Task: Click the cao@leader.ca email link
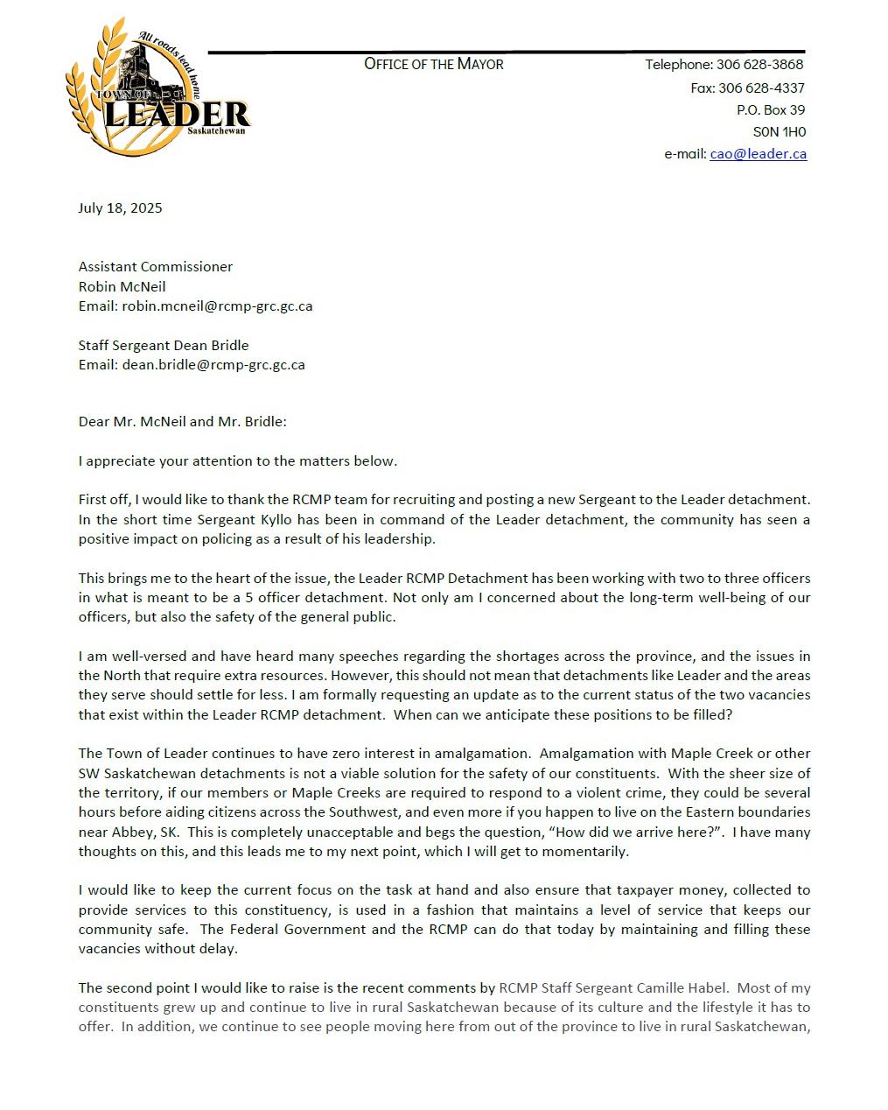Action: (758, 154)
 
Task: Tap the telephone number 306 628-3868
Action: (759, 65)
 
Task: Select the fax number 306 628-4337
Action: (761, 88)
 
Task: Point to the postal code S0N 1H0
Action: (779, 132)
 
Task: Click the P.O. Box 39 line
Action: (770, 110)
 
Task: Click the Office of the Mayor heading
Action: (433, 64)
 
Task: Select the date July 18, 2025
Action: (120, 208)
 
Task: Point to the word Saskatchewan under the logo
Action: (216, 131)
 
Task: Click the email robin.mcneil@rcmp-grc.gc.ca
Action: (217, 306)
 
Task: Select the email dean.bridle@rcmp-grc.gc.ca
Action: (213, 365)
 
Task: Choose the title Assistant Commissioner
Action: (156, 267)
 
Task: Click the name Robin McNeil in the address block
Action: (122, 287)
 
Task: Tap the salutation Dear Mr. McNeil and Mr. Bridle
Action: (182, 422)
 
